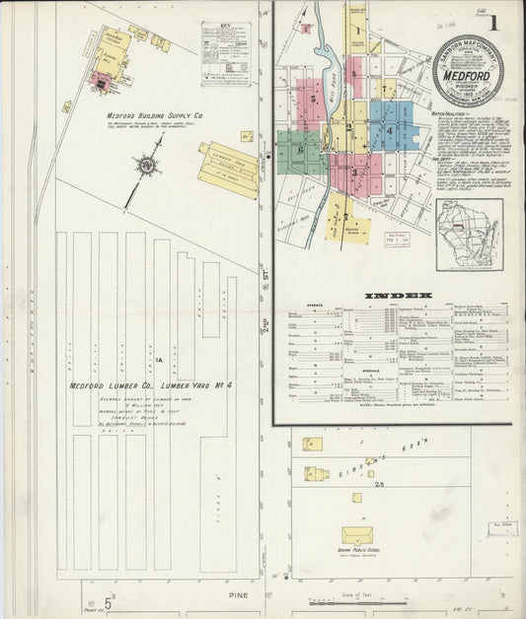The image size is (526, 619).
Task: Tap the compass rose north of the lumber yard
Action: tap(147, 167)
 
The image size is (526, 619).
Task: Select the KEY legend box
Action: tap(227, 43)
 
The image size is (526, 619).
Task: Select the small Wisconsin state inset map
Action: tap(470, 234)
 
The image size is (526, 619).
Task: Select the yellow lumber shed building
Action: tap(229, 168)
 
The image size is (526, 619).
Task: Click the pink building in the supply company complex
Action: tap(101, 82)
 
